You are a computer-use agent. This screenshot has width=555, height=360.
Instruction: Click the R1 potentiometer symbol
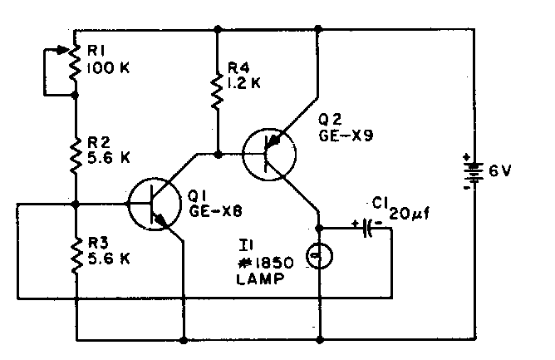(74, 65)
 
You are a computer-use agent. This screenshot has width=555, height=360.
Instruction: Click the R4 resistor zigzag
(216, 91)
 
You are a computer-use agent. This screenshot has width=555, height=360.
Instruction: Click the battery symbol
(472, 172)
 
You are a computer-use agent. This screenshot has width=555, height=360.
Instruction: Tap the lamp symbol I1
(319, 255)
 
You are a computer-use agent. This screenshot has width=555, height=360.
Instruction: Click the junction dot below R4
(216, 154)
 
